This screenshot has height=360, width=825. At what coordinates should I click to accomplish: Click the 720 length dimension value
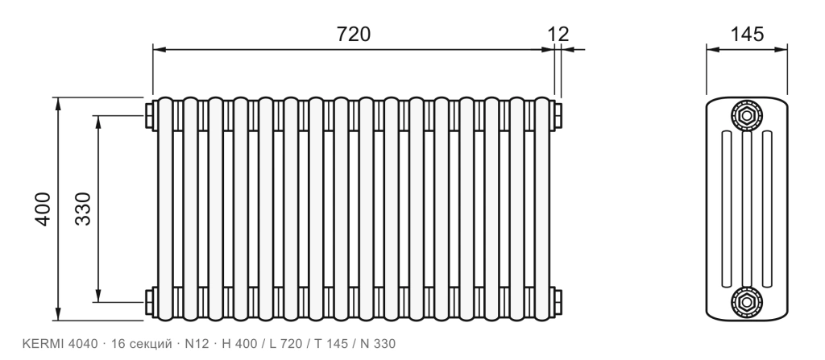(x=354, y=34)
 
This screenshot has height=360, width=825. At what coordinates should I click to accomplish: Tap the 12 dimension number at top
(x=558, y=34)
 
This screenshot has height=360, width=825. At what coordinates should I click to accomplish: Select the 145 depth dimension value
(x=747, y=34)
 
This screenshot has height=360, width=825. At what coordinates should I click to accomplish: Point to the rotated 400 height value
(x=44, y=209)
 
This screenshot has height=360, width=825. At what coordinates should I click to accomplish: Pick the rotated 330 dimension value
(x=83, y=209)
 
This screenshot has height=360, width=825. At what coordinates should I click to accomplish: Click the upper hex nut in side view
(x=746, y=114)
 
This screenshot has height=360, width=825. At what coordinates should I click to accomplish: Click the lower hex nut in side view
(x=746, y=302)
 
